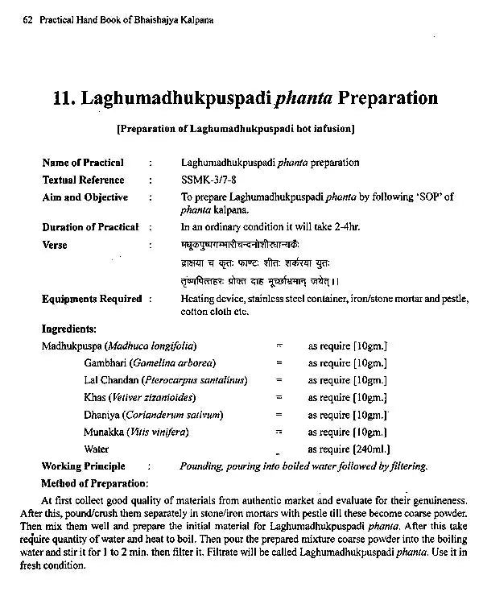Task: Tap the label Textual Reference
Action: pyautogui.click(x=83, y=180)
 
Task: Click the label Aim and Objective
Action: pyautogui.click(x=85, y=197)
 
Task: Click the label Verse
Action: pyautogui.click(x=55, y=245)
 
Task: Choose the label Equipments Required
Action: pyautogui.click(x=92, y=299)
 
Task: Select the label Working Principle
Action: pyautogui.click(x=83, y=466)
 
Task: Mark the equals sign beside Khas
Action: pyautogui.click(x=279, y=397)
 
